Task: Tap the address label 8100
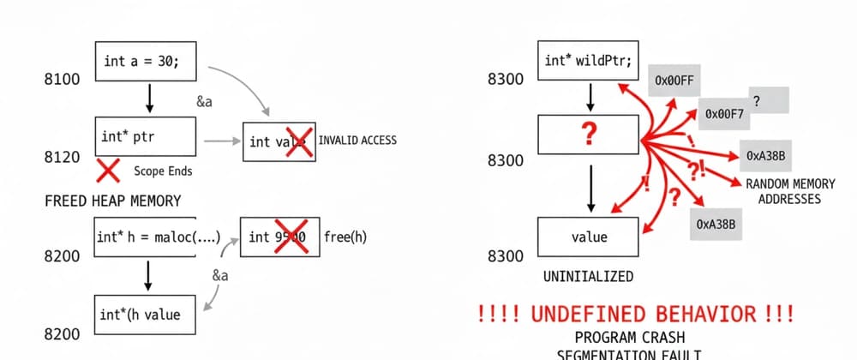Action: [62, 80]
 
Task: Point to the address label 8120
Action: [62, 158]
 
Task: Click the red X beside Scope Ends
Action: [108, 170]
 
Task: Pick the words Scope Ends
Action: [163, 171]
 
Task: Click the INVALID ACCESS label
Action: [357, 140]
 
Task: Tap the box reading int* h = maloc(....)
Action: [159, 237]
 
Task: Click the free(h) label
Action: [345, 237]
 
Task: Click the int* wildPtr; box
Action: [590, 62]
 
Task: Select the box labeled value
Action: [589, 237]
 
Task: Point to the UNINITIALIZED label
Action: [589, 276]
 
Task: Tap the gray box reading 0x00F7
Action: [724, 112]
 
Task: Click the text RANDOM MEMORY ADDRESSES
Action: [782, 191]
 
